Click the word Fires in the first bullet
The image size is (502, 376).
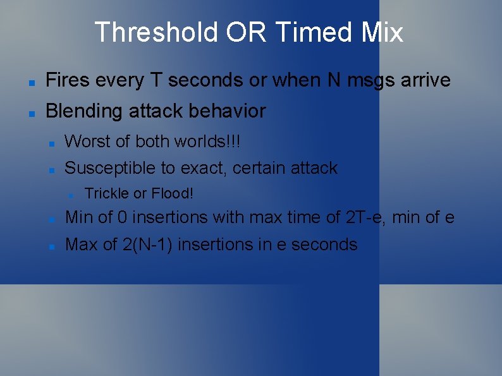[66, 80]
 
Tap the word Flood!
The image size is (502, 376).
[172, 193]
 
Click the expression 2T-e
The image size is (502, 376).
[366, 217]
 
